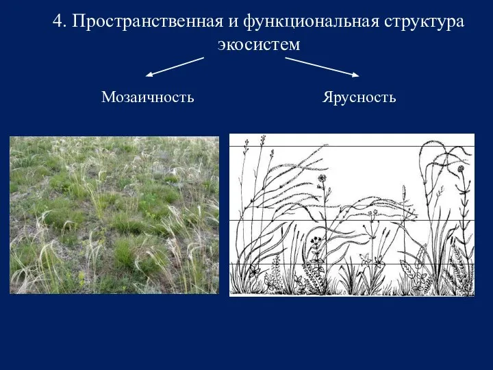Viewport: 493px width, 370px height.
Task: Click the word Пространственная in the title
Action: click(147, 22)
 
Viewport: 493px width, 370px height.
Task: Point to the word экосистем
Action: click(259, 45)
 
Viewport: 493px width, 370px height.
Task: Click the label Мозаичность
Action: click(147, 97)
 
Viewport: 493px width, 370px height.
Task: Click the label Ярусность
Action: click(359, 97)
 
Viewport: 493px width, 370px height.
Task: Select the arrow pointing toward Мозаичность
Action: click(175, 66)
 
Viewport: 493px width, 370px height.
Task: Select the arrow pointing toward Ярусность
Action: click(322, 67)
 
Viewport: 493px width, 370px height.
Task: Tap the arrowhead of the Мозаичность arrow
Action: click(149, 75)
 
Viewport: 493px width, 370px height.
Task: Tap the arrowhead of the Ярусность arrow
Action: click(356, 75)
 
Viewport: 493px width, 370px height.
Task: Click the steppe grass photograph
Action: click(114, 215)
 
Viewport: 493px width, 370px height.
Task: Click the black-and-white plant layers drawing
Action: click(352, 215)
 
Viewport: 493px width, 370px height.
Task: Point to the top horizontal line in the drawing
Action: click(352, 147)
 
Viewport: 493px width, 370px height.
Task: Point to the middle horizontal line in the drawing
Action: click(352, 220)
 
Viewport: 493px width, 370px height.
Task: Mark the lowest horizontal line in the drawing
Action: click(352, 264)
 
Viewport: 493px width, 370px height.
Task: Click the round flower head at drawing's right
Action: click(461, 169)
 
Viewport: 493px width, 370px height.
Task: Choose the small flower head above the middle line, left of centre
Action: click(321, 178)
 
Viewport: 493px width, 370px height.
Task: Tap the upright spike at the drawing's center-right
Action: click(404, 193)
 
